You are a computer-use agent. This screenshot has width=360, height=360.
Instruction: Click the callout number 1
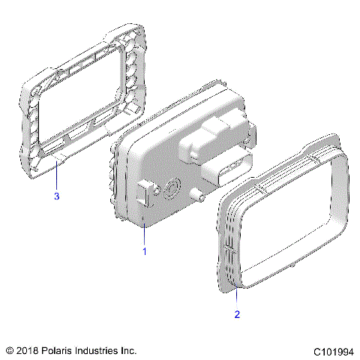pos(145,252)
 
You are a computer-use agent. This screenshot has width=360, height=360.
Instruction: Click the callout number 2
pos(237,314)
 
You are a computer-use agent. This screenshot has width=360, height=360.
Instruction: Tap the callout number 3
pos(56,196)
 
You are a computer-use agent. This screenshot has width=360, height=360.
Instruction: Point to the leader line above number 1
pos(145,232)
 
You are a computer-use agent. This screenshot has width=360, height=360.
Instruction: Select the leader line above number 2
pos(237,296)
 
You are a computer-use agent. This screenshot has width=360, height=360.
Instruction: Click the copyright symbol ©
pos(10,350)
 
